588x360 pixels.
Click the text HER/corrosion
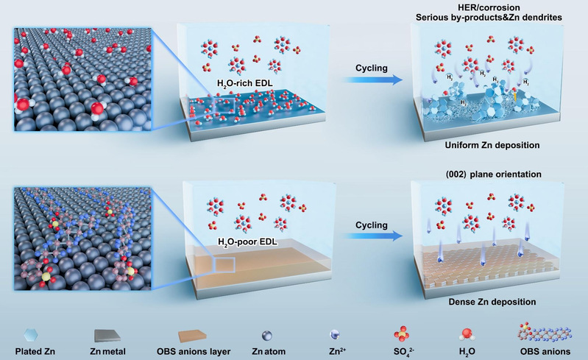tap(489, 7)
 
